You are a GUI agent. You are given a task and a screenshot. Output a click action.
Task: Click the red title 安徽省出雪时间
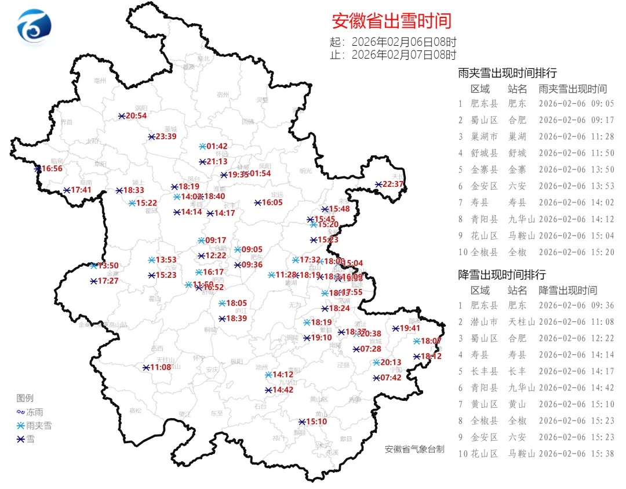coord(391,21)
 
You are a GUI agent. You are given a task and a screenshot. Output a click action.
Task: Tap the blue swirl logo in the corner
coord(34,27)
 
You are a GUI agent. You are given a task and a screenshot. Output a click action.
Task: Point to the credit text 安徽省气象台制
coord(414,449)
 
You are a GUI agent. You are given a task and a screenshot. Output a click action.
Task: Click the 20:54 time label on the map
coord(136,116)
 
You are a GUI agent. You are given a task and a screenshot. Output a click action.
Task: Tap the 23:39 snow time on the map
coord(166,137)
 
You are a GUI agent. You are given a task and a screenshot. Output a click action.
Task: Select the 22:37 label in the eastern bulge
coord(392,184)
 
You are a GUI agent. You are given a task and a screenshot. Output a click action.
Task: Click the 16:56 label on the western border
coord(52,169)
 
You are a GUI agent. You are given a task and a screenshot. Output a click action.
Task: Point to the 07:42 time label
coord(390,378)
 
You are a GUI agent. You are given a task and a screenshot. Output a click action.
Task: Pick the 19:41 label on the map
coord(409,328)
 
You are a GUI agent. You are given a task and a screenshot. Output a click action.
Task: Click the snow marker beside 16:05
coord(257,202)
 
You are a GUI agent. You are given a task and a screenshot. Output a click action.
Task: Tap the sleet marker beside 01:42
coord(202,146)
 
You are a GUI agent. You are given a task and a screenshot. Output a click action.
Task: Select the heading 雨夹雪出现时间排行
coord(507,73)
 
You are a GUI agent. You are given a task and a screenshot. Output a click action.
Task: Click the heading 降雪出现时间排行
coord(502,274)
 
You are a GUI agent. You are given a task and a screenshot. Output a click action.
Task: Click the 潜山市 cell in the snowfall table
coord(484,321)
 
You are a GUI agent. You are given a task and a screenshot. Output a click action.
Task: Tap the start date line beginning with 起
coord(393,42)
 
